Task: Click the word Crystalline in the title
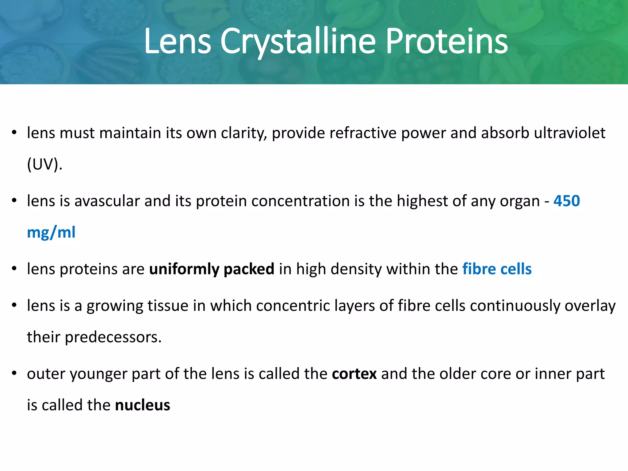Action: point(298,41)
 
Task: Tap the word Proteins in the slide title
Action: point(446,41)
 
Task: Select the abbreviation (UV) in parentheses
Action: point(45,164)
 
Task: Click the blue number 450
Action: point(567,201)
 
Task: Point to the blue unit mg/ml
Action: point(51,232)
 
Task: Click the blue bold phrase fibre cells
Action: point(497,269)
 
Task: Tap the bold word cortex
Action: point(354,374)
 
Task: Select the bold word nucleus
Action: point(143,405)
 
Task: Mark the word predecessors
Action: point(113,337)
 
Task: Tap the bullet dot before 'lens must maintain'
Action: point(14,133)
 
